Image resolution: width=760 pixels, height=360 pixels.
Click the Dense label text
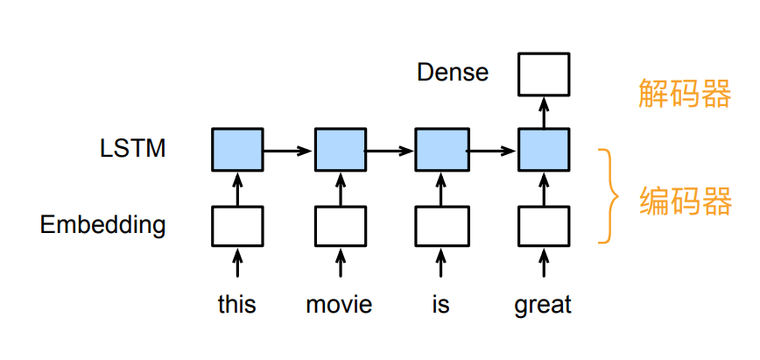tap(453, 73)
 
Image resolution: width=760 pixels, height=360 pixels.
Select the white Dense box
tap(544, 74)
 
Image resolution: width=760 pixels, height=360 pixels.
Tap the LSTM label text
tap(133, 148)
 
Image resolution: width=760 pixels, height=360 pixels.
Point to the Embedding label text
tap(102, 224)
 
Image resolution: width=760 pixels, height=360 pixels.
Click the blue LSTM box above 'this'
tap(237, 150)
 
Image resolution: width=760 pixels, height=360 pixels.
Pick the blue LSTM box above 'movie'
tap(341, 150)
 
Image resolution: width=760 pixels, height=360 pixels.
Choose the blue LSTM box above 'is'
tap(441, 150)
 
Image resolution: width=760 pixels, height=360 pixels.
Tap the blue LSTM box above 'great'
tap(544, 150)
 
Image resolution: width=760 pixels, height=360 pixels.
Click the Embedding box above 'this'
tap(237, 226)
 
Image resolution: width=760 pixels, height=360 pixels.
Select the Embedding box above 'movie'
tap(341, 226)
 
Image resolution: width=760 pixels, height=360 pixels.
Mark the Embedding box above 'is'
tap(441, 226)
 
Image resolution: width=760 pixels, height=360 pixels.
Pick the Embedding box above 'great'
tap(544, 226)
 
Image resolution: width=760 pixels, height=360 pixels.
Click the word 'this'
tap(237, 304)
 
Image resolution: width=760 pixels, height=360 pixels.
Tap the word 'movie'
tap(340, 304)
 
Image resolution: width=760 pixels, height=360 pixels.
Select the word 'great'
tap(543, 306)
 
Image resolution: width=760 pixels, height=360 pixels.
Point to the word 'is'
tap(440, 304)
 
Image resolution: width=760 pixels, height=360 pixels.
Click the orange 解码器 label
tap(684, 93)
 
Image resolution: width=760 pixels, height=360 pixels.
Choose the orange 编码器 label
tap(685, 201)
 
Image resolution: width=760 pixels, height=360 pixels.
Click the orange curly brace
tap(609, 196)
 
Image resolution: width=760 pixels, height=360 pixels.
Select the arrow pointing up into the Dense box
tap(544, 113)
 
